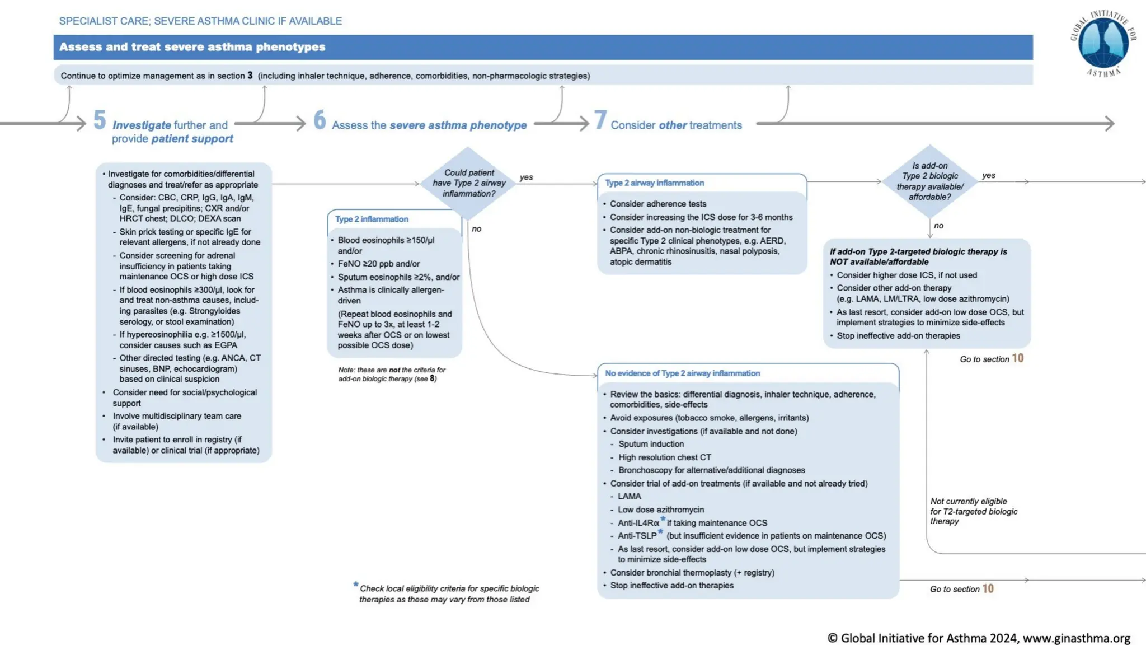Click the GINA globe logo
pyautogui.click(x=1103, y=44)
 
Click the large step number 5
pyautogui.click(x=100, y=120)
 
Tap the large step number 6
pyautogui.click(x=320, y=120)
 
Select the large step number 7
pyautogui.click(x=600, y=120)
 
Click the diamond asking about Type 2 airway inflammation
pyautogui.click(x=468, y=183)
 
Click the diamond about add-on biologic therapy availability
pyautogui.click(x=929, y=181)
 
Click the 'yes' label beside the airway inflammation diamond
pyautogui.click(x=526, y=177)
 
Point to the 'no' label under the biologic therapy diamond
pyautogui.click(x=938, y=226)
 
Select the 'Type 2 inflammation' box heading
pyautogui.click(x=372, y=219)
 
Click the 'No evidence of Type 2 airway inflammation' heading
pyautogui.click(x=682, y=373)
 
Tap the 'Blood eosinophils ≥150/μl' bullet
pyautogui.click(x=386, y=240)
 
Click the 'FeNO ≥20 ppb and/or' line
pyautogui.click(x=378, y=264)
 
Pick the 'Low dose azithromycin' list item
pyautogui.click(x=660, y=510)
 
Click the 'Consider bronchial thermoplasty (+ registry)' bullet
pyautogui.click(x=692, y=573)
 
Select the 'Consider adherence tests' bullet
pyautogui.click(x=657, y=204)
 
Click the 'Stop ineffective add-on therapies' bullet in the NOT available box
pyautogui.click(x=898, y=336)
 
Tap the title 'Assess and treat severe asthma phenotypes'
pyautogui.click(x=192, y=47)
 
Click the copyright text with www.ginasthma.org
pyautogui.click(x=979, y=638)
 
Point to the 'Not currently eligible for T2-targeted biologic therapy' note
pyautogui.click(x=973, y=511)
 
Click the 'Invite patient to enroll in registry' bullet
pyautogui.click(x=185, y=445)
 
